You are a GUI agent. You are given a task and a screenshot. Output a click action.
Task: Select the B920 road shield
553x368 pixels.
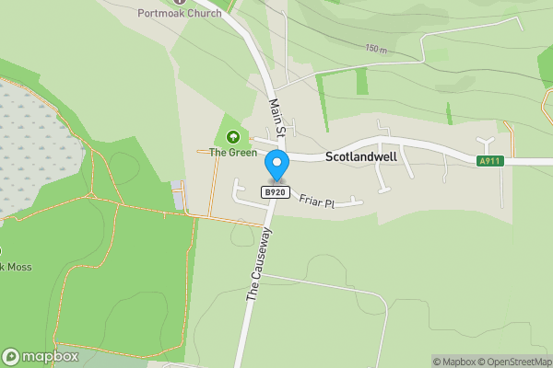[x=276, y=192]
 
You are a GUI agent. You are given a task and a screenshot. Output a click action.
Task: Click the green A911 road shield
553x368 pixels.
[x=490, y=161]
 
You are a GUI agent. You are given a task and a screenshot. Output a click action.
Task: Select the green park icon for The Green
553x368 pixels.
[x=232, y=138]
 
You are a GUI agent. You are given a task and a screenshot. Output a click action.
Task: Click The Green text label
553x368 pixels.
[x=232, y=153]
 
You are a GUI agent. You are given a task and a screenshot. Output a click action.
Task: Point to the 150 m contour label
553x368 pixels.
[x=376, y=48]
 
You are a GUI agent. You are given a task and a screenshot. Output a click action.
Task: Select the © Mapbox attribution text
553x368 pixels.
[x=453, y=362]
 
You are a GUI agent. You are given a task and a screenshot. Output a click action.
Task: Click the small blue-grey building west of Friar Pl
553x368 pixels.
[x=177, y=194]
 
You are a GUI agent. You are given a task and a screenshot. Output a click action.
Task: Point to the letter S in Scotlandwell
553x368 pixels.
[x=330, y=157]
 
